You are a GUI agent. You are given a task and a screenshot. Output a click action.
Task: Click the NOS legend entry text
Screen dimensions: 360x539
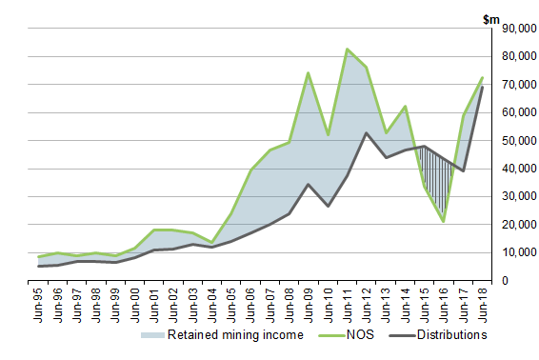click(x=360, y=334)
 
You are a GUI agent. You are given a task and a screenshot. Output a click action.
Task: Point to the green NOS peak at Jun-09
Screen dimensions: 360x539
click(x=309, y=72)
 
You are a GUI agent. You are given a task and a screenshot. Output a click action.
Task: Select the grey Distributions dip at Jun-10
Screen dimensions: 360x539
click(x=328, y=206)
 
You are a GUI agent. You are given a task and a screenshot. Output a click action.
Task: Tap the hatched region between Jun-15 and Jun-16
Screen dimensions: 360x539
click(x=433, y=176)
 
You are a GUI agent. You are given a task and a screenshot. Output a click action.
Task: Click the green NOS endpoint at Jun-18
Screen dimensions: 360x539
click(x=483, y=78)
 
